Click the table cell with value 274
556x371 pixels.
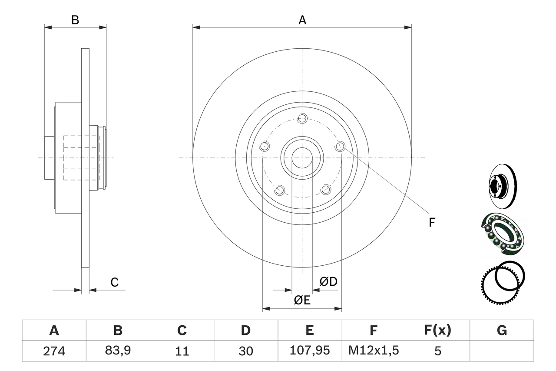[x=54, y=351]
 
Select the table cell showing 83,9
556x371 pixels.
[x=118, y=351]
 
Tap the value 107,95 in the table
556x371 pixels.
[x=309, y=351]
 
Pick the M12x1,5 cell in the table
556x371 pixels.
[x=374, y=351]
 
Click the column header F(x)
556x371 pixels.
[x=437, y=331]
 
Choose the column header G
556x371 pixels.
[x=502, y=331]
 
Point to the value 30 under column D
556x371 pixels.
[x=245, y=351]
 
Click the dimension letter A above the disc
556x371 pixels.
[x=302, y=20]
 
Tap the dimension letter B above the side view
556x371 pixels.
[x=75, y=20]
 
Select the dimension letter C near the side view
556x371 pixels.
[x=114, y=282]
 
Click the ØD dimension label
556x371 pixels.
[x=328, y=282]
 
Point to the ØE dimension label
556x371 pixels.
[x=302, y=300]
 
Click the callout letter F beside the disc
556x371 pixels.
[x=432, y=223]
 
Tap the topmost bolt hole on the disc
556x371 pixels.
[x=303, y=118]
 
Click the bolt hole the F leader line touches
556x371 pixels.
[x=341, y=147]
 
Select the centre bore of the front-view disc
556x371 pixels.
[x=302, y=157]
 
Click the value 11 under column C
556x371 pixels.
[x=182, y=351]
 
